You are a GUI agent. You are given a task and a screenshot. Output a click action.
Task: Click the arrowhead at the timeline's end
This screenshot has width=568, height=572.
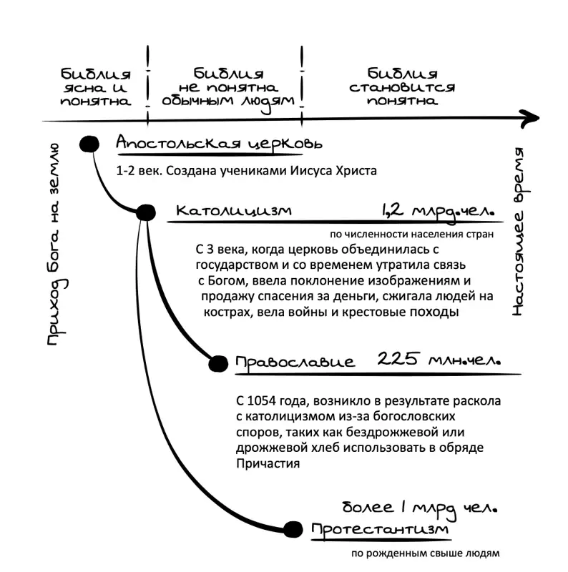tap(531, 118)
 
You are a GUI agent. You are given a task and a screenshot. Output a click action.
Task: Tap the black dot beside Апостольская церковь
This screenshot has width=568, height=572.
tap(89, 144)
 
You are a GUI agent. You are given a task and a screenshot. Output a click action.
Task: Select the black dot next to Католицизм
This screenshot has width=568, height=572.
tap(146, 212)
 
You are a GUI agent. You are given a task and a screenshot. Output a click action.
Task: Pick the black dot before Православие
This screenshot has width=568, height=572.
tap(218, 364)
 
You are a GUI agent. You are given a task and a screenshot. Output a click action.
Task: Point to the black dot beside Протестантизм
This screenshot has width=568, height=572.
tap(293, 529)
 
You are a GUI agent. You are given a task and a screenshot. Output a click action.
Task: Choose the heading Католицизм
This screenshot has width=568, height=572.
tap(234, 211)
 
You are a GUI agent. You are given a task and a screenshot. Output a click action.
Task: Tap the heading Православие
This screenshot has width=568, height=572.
tap(295, 362)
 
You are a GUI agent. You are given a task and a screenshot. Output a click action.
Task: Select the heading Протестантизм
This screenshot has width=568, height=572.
tap(380, 530)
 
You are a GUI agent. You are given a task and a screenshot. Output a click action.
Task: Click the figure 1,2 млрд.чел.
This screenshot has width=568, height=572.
tap(438, 211)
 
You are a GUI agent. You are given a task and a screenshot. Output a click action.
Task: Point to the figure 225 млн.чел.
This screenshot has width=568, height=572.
tap(439, 360)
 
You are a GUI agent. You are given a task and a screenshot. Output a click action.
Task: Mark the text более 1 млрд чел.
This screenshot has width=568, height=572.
tap(420, 508)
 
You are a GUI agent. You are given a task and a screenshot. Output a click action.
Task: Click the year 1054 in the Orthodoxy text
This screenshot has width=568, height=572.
tap(261, 400)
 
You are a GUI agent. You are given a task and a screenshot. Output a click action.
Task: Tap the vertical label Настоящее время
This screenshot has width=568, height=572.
tap(519, 231)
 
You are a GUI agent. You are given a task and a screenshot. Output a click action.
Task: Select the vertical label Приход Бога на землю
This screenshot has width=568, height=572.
tap(56, 245)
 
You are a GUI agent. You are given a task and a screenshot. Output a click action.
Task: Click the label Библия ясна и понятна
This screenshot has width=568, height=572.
tap(96, 87)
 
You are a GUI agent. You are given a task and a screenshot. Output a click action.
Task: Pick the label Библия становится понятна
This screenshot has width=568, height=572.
tap(402, 87)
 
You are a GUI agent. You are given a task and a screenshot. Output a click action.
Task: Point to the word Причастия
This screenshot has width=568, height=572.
tap(268, 463)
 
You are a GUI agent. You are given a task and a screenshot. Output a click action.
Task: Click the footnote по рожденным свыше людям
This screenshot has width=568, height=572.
tap(425, 553)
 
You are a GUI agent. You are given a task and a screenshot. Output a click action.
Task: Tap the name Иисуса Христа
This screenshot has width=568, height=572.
tap(333, 171)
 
